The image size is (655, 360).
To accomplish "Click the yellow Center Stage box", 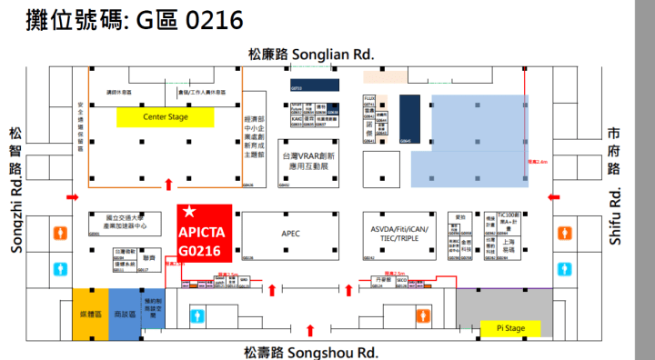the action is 165,117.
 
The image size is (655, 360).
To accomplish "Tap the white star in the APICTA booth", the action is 188,212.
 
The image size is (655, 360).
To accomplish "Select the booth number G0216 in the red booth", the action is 200,250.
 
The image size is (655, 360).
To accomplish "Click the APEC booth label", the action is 290,233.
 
